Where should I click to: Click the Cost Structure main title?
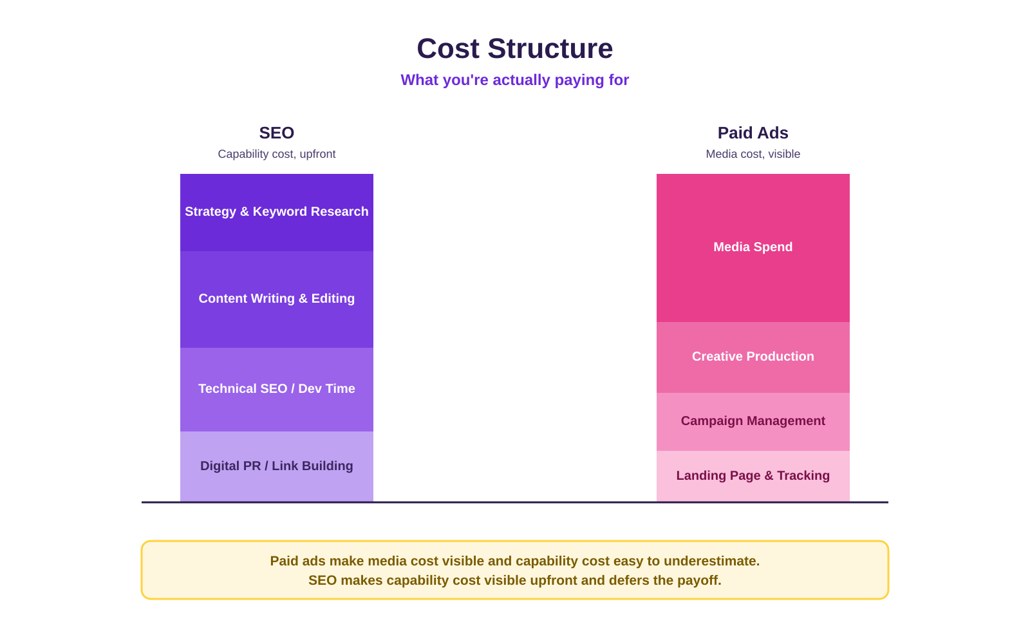[514, 48]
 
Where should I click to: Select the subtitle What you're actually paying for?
[514, 80]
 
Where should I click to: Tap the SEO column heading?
[276, 133]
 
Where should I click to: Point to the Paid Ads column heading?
[753, 133]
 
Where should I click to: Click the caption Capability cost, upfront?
[276, 154]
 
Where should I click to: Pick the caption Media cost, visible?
[753, 154]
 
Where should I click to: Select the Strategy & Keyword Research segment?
[276, 213]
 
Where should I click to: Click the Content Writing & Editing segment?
[276, 299]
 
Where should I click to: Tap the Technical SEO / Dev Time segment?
[276, 390]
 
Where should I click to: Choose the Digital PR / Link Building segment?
[276, 466]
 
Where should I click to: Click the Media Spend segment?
[753, 248]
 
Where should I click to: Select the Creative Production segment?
[753, 357]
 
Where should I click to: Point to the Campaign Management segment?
[753, 422]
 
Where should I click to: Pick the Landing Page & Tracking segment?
[753, 476]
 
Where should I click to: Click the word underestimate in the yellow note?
[711, 561]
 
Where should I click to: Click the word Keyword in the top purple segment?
[279, 212]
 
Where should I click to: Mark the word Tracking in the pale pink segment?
[803, 476]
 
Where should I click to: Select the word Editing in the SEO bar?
[333, 299]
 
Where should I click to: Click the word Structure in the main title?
[550, 48]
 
